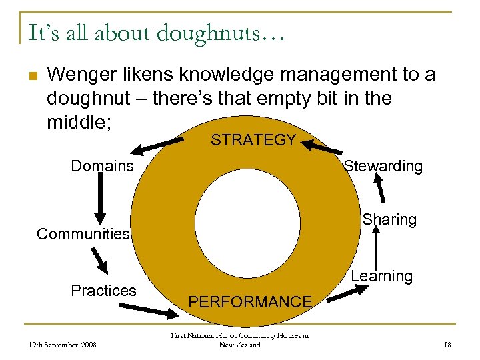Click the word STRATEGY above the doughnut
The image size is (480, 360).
[253, 140]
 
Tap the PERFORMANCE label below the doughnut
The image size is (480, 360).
[250, 302]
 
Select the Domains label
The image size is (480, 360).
[102, 165]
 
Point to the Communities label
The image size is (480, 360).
[83, 234]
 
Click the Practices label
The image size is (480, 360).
[103, 291]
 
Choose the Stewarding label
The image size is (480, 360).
[383, 166]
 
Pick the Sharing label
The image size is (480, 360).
[389, 219]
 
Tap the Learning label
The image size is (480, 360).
[381, 276]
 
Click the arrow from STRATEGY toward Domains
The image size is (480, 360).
[161, 143]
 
